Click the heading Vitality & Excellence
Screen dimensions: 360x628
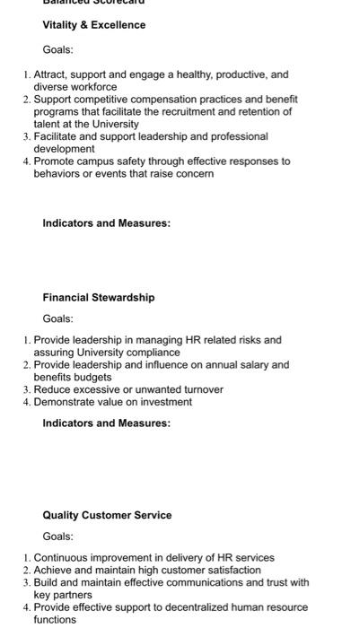click(x=93, y=25)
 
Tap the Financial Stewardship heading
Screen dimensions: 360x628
click(x=98, y=297)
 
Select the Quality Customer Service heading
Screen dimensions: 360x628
click(x=107, y=515)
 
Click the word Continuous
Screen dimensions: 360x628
click(x=61, y=557)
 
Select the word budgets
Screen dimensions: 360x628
click(x=91, y=377)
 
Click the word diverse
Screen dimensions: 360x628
click(x=52, y=87)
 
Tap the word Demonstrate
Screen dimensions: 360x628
click(x=66, y=402)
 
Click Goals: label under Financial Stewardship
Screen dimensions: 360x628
click(x=57, y=318)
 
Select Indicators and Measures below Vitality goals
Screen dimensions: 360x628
click(x=106, y=222)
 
